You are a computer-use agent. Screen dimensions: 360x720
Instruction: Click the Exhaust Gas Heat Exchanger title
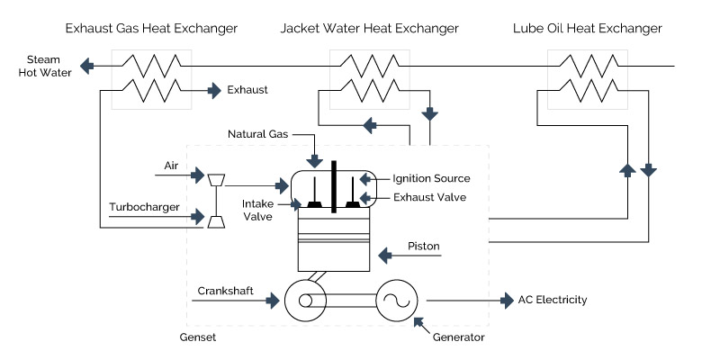(x=151, y=29)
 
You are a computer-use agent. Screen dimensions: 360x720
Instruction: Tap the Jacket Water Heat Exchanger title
(x=369, y=29)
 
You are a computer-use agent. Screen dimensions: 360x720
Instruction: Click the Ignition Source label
(x=431, y=178)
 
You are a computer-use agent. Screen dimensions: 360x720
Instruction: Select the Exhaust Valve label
(x=429, y=196)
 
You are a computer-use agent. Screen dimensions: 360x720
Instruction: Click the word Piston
(x=423, y=245)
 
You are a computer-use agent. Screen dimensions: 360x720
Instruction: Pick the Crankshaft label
(x=225, y=290)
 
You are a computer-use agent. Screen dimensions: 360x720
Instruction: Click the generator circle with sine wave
(x=396, y=300)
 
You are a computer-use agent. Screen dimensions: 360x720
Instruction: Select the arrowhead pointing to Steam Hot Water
(x=87, y=66)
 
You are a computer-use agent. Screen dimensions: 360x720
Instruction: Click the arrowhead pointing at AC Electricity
(x=506, y=300)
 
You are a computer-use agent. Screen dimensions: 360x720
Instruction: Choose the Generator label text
(x=458, y=337)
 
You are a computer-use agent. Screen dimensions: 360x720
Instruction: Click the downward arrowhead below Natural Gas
(x=315, y=162)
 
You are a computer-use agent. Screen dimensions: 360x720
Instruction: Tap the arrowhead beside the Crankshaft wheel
(x=275, y=300)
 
